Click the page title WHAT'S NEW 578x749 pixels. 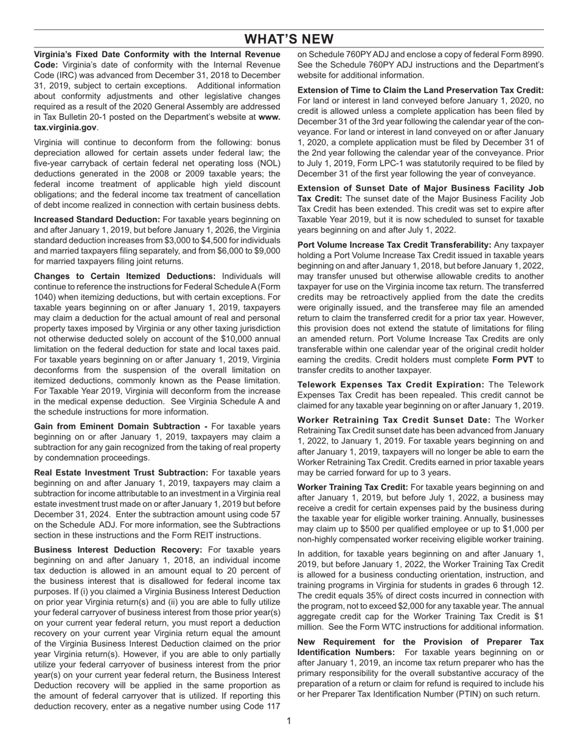(288, 40)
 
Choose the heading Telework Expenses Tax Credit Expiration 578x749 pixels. (390, 385)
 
